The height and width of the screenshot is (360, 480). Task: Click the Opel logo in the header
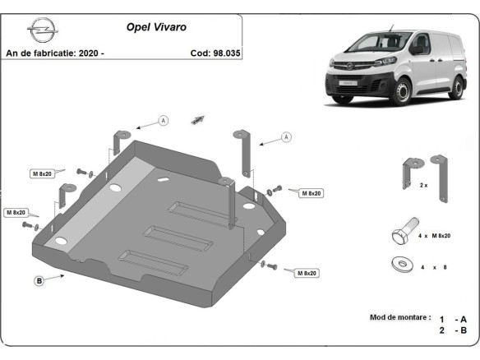click(39, 32)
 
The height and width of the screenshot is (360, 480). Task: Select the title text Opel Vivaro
click(155, 26)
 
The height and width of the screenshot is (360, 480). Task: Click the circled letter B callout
click(39, 281)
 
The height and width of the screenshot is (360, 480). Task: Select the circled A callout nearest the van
click(286, 136)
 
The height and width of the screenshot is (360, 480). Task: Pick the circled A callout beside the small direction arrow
click(163, 121)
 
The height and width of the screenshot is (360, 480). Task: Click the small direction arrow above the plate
click(197, 120)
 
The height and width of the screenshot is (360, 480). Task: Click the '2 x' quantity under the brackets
click(423, 185)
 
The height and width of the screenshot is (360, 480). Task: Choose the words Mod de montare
click(400, 317)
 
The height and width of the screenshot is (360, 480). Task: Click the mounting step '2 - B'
click(453, 330)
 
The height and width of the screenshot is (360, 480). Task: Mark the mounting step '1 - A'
click(453, 318)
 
